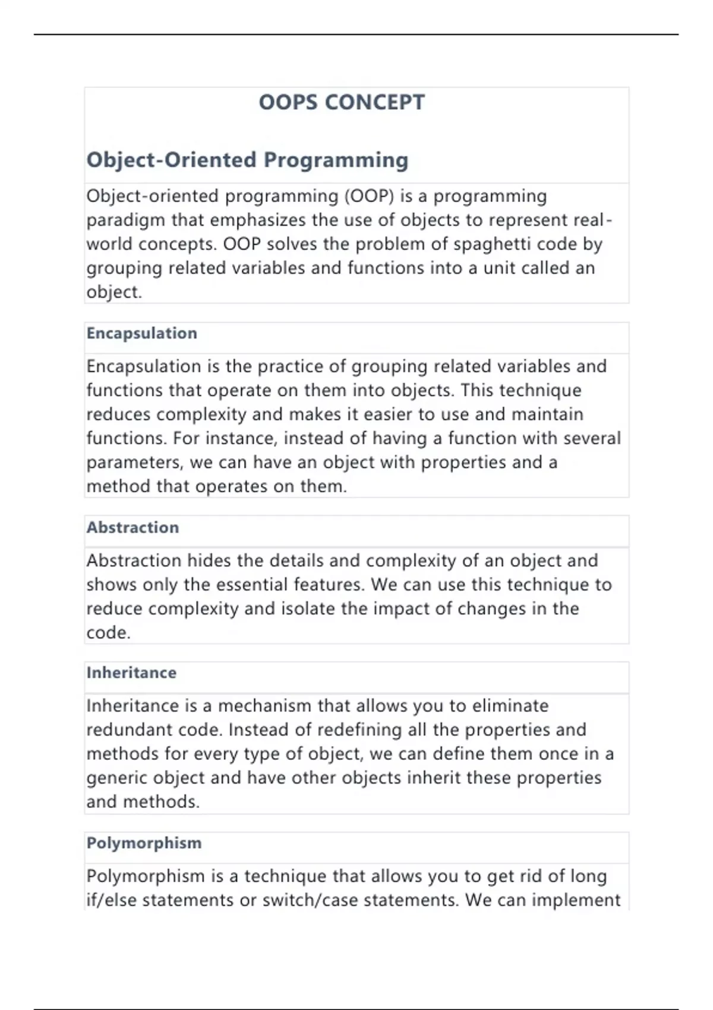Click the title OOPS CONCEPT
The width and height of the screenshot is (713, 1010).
click(x=342, y=102)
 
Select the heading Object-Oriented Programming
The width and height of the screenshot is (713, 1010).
click(x=247, y=160)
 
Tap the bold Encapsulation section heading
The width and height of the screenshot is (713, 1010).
click(x=141, y=333)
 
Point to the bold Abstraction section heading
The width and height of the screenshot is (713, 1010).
click(x=132, y=528)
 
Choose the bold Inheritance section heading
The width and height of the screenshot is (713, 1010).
click(x=131, y=673)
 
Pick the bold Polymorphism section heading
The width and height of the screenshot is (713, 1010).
click(x=144, y=843)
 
